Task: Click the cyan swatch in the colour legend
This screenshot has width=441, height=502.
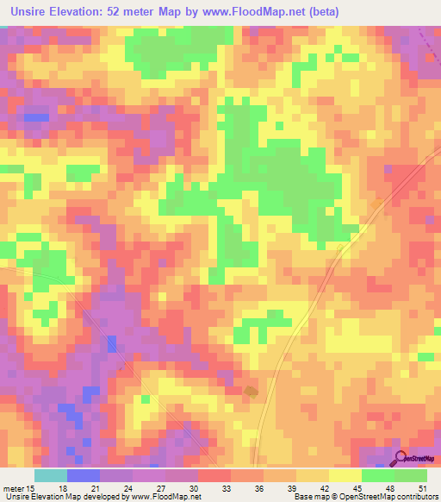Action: pyautogui.click(x=51, y=475)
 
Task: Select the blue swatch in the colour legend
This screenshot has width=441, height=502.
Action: pyautogui.click(x=84, y=475)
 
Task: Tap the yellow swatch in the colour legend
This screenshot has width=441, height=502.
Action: pyautogui.click(x=345, y=475)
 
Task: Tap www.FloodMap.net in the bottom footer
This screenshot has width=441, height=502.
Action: pyautogui.click(x=171, y=496)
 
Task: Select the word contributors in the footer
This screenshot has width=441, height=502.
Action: pyautogui.click(x=414, y=496)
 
